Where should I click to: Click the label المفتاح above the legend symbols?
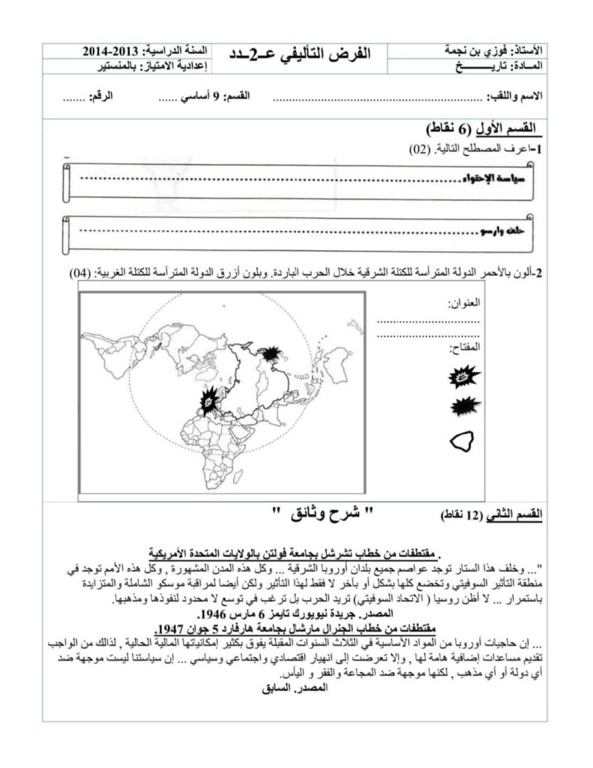pyautogui.click(x=464, y=349)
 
